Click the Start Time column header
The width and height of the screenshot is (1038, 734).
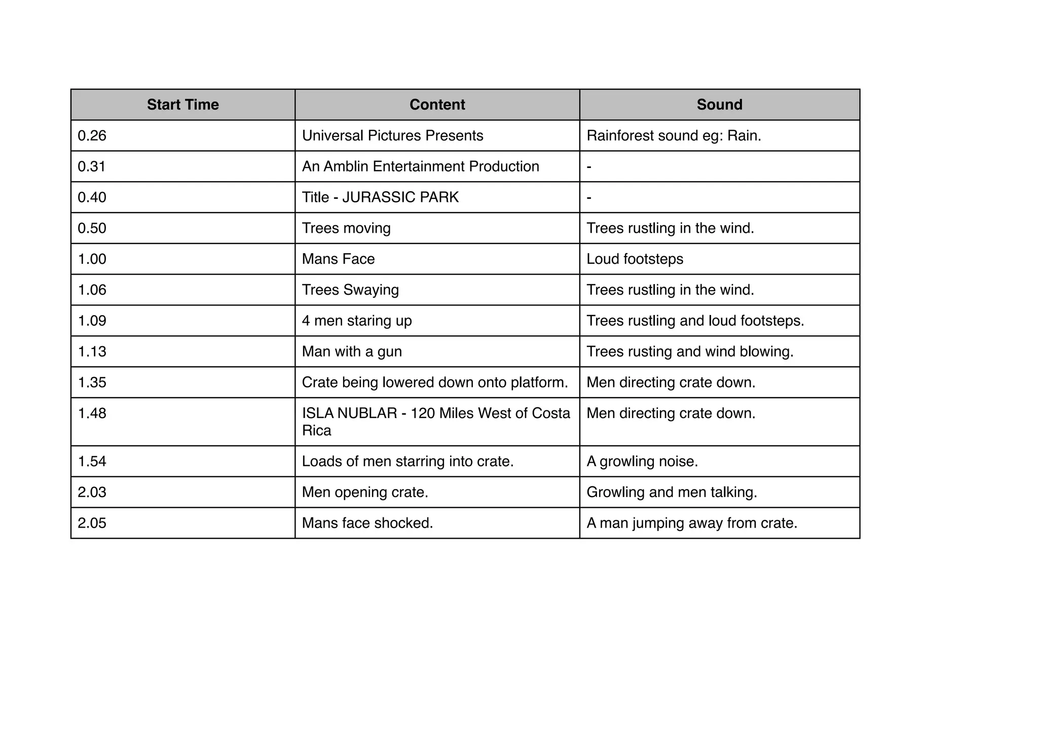tap(182, 104)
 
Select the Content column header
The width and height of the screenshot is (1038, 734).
tap(437, 104)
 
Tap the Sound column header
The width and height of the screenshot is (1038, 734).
tap(719, 104)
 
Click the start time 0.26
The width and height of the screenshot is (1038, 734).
tap(92, 136)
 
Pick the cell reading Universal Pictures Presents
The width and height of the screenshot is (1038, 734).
tap(392, 136)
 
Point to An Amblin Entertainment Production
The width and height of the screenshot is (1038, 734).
tap(420, 166)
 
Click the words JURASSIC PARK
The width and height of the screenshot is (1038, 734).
tap(400, 197)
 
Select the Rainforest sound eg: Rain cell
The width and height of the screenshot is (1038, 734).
tap(674, 136)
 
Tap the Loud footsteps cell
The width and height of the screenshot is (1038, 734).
tap(635, 259)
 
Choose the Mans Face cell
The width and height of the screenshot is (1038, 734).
tap(338, 259)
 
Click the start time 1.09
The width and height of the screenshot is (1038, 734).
tap(92, 321)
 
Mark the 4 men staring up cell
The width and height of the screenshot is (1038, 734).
tap(357, 321)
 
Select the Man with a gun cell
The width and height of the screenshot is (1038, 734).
tap(352, 352)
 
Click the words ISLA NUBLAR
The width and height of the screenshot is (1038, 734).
tap(350, 413)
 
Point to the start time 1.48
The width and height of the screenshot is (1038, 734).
tap(92, 413)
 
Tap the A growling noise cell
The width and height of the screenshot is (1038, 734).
tap(642, 462)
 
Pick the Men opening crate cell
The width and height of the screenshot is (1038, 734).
tap(365, 493)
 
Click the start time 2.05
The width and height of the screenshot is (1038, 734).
tap(92, 523)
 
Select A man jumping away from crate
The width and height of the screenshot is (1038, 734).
tap(692, 523)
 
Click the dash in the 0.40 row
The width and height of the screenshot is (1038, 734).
tap(589, 197)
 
